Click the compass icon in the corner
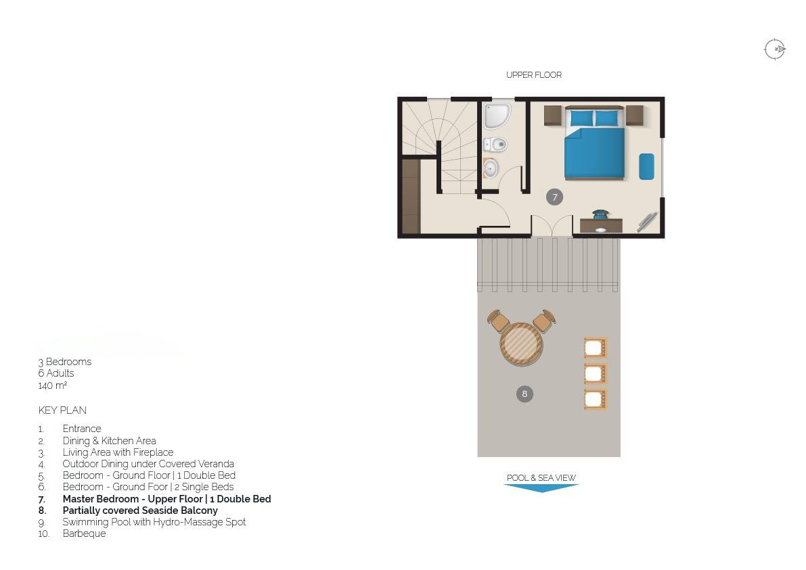click(x=775, y=49)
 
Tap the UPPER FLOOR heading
click(x=533, y=75)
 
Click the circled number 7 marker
click(x=554, y=197)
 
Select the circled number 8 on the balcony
click(x=524, y=394)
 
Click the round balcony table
click(x=521, y=344)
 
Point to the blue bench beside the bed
click(x=647, y=166)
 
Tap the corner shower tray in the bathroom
click(x=496, y=116)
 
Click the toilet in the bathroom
click(x=495, y=144)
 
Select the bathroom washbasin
click(x=490, y=168)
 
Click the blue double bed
click(x=595, y=143)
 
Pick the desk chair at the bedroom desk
click(x=600, y=214)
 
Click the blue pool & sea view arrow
click(x=541, y=488)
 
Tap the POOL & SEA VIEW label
click(x=541, y=477)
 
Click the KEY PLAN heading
click(x=62, y=410)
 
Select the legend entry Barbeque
click(x=85, y=533)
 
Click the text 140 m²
click(x=52, y=385)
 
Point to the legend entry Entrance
click(x=82, y=428)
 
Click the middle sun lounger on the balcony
click(x=596, y=373)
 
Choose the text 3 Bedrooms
click(x=65, y=362)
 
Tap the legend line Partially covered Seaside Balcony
click(x=140, y=510)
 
